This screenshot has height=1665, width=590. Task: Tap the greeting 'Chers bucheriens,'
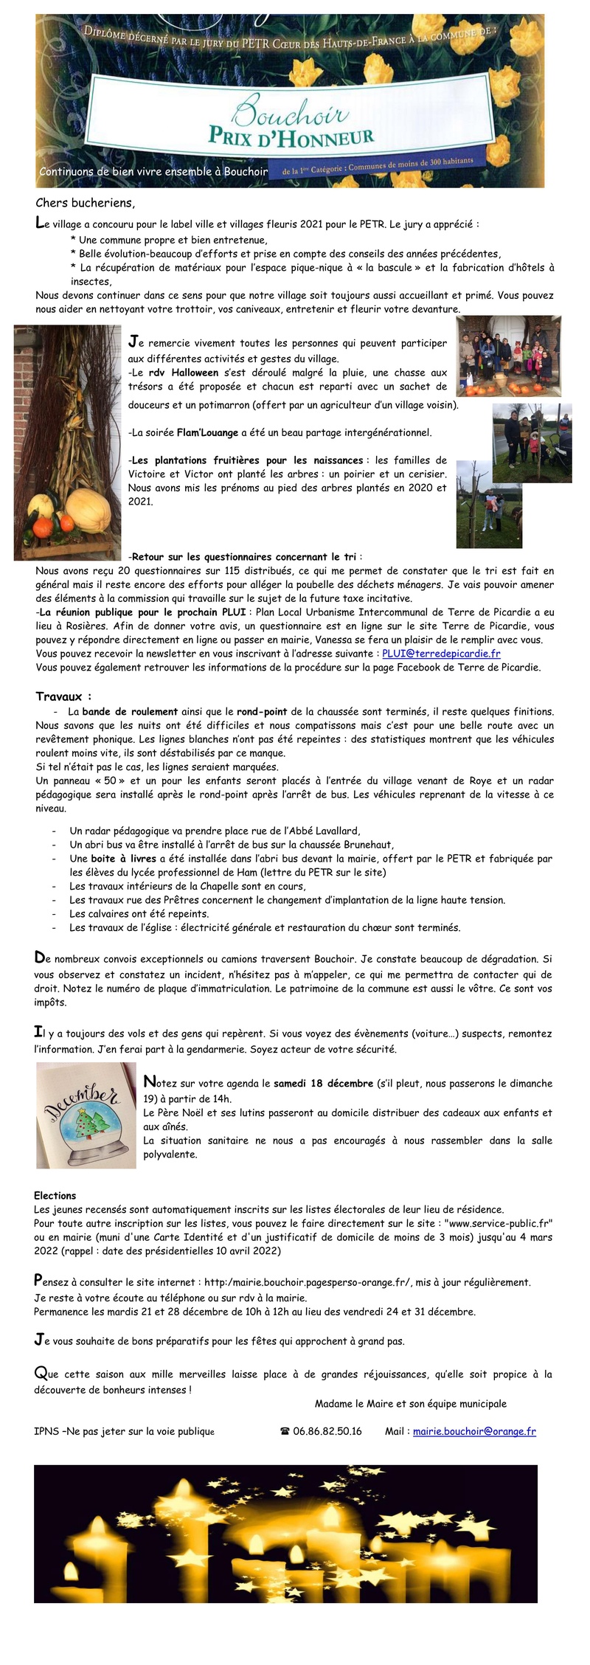(x=86, y=203)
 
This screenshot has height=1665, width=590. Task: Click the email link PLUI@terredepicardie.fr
(x=441, y=654)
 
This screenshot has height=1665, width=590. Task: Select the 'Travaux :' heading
(x=63, y=696)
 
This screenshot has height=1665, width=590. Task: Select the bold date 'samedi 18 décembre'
(x=323, y=1084)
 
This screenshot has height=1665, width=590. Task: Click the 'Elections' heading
(x=55, y=1196)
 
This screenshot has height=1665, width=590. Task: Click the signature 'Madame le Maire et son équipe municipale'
(x=410, y=1403)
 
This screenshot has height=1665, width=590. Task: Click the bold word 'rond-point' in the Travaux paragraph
(x=262, y=712)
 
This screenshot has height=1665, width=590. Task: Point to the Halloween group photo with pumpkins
(x=508, y=356)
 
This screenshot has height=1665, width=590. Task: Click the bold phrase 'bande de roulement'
(x=130, y=712)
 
